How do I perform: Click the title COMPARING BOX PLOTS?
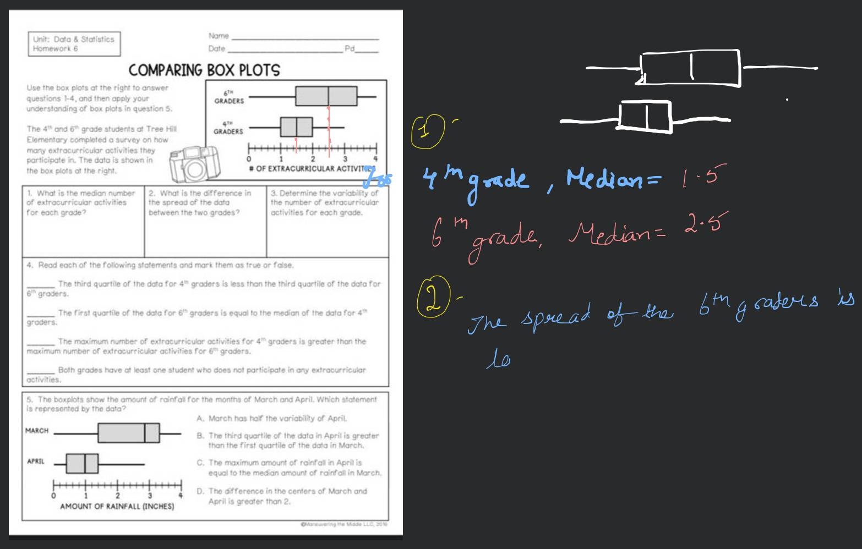pyautogui.click(x=204, y=70)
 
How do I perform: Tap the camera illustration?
pyautogui.click(x=193, y=164)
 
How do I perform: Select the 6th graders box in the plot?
pyautogui.click(x=326, y=96)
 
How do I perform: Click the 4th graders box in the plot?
pyautogui.click(x=296, y=127)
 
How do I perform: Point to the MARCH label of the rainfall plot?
pyautogui.click(x=37, y=431)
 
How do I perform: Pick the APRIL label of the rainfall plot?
pyautogui.click(x=36, y=461)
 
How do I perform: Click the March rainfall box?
pyautogui.click(x=129, y=433)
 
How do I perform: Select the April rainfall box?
pyautogui.click(x=82, y=463)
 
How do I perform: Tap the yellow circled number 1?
pyautogui.click(x=427, y=132)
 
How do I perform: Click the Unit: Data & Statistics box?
pyautogui.click(x=74, y=44)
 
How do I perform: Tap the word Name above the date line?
pyautogui.click(x=219, y=36)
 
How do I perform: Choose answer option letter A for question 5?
pyautogui.click(x=200, y=419)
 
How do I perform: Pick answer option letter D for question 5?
pyautogui.click(x=200, y=491)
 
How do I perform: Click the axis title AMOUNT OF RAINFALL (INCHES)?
pyautogui.click(x=117, y=506)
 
